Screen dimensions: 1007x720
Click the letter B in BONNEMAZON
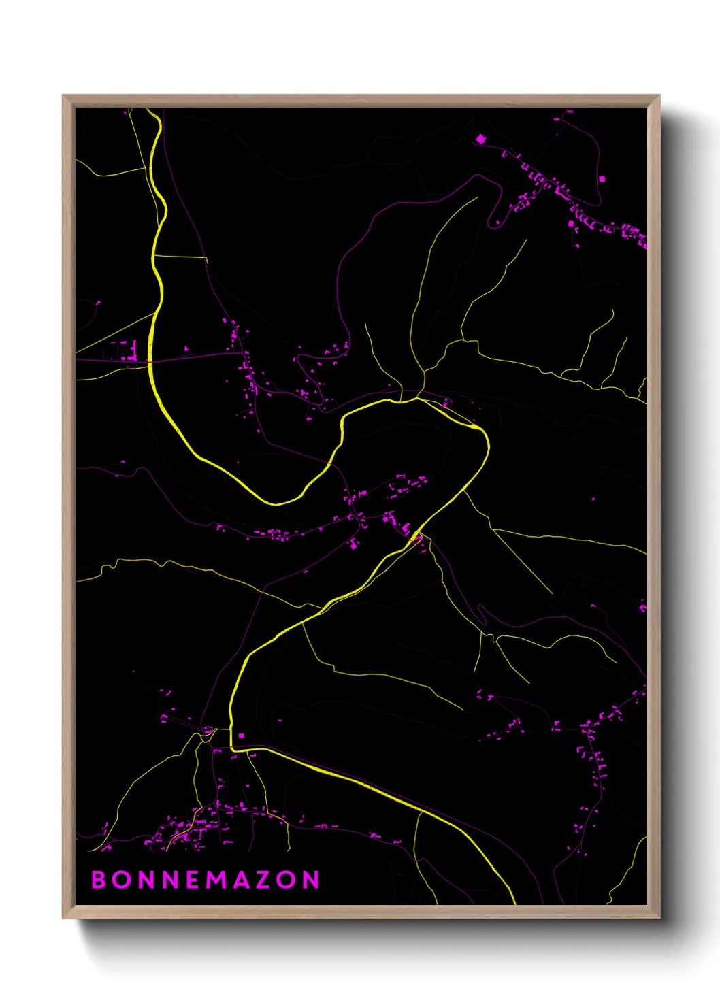[99, 880]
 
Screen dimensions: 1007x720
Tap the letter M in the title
[217, 880]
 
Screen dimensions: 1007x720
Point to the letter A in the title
[242, 880]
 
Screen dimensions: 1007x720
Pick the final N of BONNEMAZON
[312, 880]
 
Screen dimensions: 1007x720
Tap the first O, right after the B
[122, 880]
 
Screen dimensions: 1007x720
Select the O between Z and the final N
[288, 880]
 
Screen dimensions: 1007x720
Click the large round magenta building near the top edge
[481, 139]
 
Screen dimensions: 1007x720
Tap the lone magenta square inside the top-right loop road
[602, 179]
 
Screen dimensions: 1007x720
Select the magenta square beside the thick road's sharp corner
[241, 736]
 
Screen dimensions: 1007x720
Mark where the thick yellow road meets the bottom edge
[514, 904]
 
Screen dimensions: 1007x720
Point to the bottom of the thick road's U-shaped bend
[276, 504]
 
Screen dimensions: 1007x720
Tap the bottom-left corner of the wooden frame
[63, 917]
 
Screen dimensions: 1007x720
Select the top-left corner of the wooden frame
[63, 96]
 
